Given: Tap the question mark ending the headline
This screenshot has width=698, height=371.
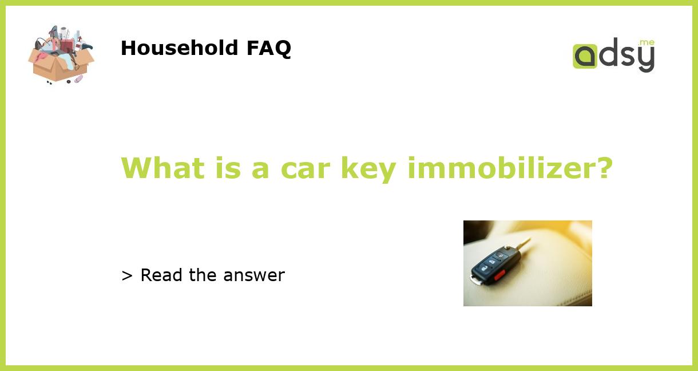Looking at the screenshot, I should pyautogui.click(x=602, y=168).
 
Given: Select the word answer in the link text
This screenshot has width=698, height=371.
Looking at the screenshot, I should pyautogui.click(x=254, y=275).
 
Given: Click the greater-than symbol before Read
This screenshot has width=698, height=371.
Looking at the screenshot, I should pyautogui.click(x=127, y=275).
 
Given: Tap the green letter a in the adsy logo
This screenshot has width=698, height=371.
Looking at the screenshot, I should pyautogui.click(x=585, y=57).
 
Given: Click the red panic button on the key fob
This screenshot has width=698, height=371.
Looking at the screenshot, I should pyautogui.click(x=499, y=274).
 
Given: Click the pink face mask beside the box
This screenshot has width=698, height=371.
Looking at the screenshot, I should pyautogui.click(x=78, y=78).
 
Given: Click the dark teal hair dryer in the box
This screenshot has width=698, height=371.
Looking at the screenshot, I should pyautogui.click(x=85, y=46).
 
